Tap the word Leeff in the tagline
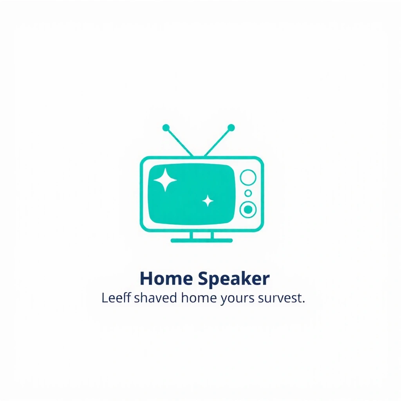[116, 298]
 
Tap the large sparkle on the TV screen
[165, 180]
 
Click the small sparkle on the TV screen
[208, 201]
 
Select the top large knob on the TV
[247, 177]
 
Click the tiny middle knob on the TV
[248, 193]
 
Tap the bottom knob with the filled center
[247, 210]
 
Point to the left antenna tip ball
[166, 128]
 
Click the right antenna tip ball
[231, 128]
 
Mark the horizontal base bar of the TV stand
[202, 240]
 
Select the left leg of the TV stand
[191, 235]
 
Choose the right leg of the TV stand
[212, 235]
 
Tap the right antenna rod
[217, 142]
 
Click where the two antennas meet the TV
[199, 156]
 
